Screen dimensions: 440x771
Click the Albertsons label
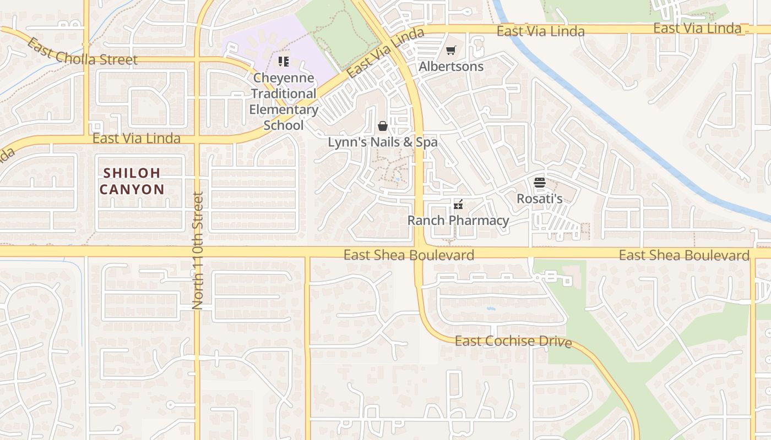tap(451, 67)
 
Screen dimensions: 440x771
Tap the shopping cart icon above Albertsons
tap(451, 51)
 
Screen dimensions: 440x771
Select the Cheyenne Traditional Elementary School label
tap(284, 102)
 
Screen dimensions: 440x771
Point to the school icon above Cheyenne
tap(284, 61)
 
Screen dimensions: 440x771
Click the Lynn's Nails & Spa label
tap(383, 142)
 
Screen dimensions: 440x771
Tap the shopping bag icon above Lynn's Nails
tap(383, 126)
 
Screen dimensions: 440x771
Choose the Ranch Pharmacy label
tap(458, 221)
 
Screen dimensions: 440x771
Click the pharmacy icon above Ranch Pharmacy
tap(458, 205)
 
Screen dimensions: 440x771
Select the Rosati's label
tap(539, 199)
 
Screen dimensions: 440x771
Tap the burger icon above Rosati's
tap(539, 183)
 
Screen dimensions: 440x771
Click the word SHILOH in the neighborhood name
tap(132, 173)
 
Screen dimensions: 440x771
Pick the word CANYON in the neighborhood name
tap(132, 190)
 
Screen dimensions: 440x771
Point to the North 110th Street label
tap(198, 250)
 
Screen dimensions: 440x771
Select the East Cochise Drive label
tap(513, 341)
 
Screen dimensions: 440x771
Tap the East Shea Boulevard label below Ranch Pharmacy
tap(409, 255)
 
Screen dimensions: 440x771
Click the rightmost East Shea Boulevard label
tap(684, 255)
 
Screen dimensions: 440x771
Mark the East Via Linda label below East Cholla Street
tap(136, 138)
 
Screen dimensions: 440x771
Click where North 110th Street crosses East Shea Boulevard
tap(197, 252)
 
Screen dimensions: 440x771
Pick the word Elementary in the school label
tap(284, 109)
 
